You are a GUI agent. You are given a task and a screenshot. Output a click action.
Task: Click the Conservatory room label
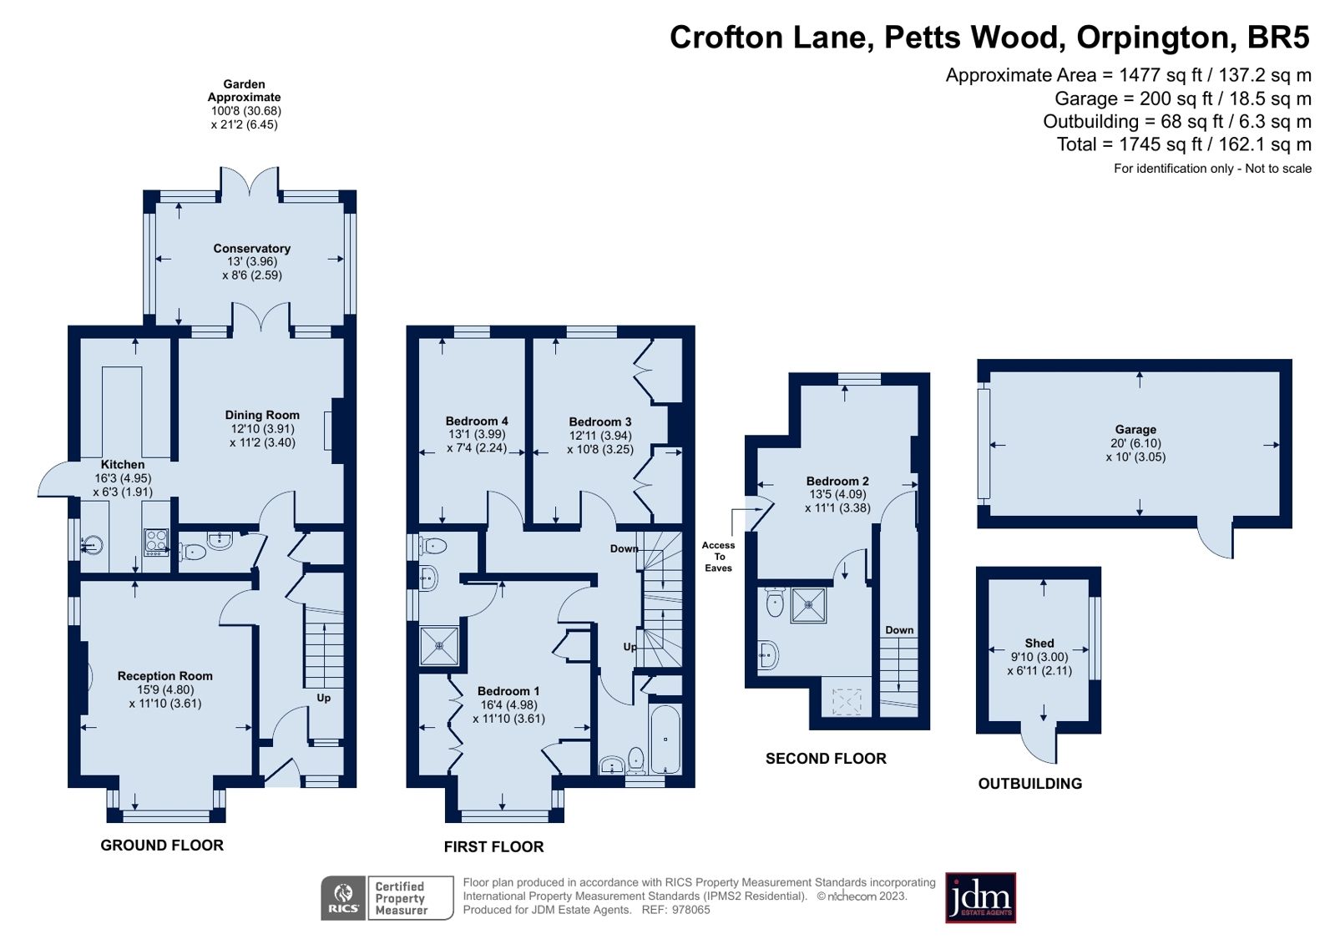click(x=251, y=249)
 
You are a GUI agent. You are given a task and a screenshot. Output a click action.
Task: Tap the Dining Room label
click(x=262, y=415)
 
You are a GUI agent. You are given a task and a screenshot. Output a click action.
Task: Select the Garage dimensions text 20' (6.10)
click(x=1135, y=443)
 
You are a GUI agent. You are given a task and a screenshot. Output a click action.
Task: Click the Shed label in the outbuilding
click(x=1039, y=643)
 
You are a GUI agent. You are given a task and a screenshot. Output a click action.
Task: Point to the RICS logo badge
click(x=343, y=898)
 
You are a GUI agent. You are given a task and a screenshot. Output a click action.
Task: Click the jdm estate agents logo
click(x=980, y=898)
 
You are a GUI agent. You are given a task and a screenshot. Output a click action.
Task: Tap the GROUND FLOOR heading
click(x=162, y=846)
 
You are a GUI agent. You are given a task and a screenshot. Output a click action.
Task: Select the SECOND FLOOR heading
click(x=826, y=759)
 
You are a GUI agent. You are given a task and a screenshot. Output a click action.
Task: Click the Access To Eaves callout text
click(x=718, y=557)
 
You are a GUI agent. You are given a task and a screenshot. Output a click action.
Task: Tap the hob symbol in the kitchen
click(x=156, y=543)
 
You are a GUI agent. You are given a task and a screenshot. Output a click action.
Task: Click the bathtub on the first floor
click(x=665, y=740)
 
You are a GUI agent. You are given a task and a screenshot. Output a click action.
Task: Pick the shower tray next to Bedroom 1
click(x=438, y=645)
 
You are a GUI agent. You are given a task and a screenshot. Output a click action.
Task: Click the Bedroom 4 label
click(x=477, y=422)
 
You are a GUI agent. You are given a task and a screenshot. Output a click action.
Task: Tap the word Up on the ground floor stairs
click(x=323, y=698)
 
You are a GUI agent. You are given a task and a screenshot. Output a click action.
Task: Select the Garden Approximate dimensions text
click(x=245, y=118)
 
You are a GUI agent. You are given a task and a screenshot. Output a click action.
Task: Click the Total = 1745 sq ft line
click(x=1183, y=144)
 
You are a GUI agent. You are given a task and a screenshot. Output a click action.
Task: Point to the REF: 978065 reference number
click(x=675, y=910)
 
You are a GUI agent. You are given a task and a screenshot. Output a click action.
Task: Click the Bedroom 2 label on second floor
click(x=837, y=482)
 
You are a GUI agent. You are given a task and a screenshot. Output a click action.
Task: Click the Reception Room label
click(x=165, y=676)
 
